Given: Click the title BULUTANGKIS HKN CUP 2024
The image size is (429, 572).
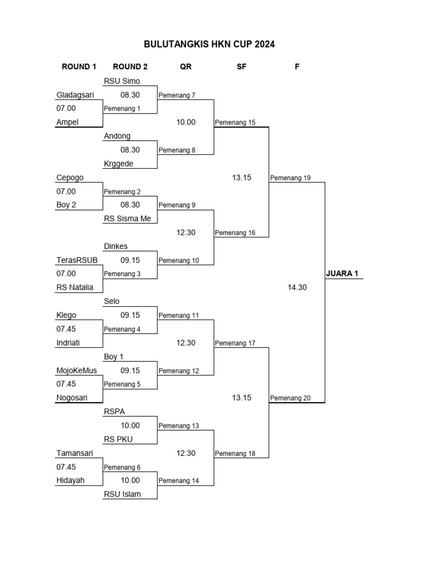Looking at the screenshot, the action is click(209, 44).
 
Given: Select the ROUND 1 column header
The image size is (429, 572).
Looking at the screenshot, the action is click(79, 67).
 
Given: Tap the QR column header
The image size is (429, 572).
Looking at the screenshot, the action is click(185, 67).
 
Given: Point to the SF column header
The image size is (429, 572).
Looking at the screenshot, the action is click(241, 67).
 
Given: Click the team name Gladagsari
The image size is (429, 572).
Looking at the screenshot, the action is click(75, 95).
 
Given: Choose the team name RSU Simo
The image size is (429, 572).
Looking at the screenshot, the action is click(122, 81).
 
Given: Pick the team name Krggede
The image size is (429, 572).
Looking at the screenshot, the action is click(118, 164).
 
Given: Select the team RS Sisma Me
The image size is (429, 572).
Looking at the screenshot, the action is click(127, 218).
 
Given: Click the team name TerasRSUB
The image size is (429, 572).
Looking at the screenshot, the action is click(77, 260).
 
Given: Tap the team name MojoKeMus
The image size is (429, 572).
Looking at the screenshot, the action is click(77, 370).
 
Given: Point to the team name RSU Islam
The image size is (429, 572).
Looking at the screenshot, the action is click(122, 494).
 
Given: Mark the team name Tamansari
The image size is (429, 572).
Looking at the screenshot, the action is click(74, 453).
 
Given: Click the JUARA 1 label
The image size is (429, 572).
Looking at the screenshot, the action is click(342, 274).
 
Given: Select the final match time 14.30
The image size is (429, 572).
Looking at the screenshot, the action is click(297, 288).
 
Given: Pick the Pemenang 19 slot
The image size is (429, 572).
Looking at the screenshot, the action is click(290, 178).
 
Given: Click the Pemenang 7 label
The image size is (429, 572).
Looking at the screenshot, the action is click(177, 95).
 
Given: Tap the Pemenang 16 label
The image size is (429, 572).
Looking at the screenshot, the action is click(235, 233).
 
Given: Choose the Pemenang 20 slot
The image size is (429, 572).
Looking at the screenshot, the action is click(290, 398).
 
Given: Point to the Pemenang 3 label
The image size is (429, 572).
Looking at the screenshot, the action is click(122, 274).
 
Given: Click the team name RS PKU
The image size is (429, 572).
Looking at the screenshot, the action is click(118, 439).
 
